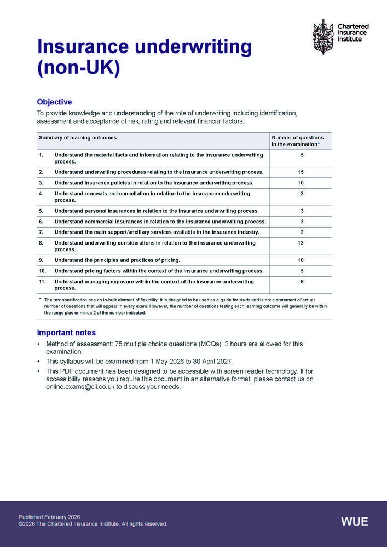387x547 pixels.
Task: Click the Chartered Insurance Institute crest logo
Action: coord(322,37)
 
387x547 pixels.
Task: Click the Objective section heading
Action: coord(54,102)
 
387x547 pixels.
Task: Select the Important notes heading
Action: coord(66,333)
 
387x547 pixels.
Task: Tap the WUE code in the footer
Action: coord(355,521)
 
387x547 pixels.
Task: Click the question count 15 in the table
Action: coord(301,172)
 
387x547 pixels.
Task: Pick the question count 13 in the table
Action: coord(301,243)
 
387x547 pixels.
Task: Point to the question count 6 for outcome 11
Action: coord(302,282)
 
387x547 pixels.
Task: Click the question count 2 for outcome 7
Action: coord(302,232)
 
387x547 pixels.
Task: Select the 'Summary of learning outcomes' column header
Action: coord(77,138)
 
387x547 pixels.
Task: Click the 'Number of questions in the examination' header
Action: coord(298,141)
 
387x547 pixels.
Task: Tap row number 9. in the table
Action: coord(41,260)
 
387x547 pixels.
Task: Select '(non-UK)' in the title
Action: coord(78,70)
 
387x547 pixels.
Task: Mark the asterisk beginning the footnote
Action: coord(40,299)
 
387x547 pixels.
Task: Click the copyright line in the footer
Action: coord(93,524)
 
